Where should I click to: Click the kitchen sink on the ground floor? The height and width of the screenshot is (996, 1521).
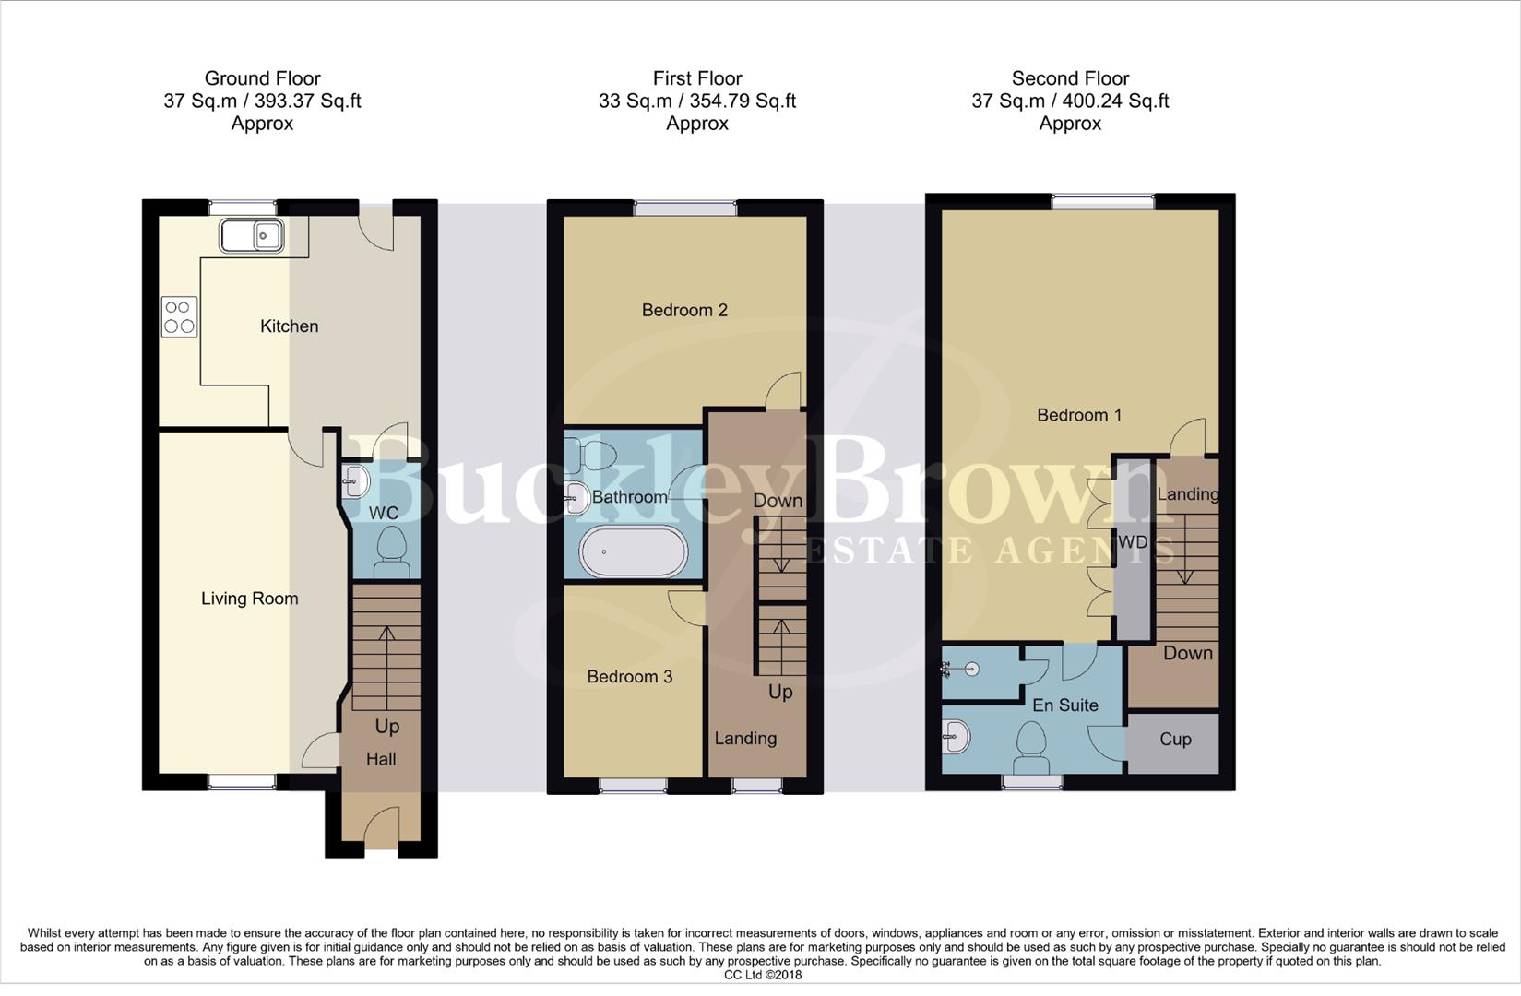pyautogui.click(x=251, y=235)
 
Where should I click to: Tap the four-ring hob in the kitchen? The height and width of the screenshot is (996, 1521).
pyautogui.click(x=179, y=316)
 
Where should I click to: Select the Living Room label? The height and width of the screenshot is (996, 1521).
pyautogui.click(x=249, y=599)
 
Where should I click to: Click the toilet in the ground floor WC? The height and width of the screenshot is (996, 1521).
pyautogui.click(x=392, y=551)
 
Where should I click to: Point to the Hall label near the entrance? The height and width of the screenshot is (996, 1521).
pyautogui.click(x=381, y=759)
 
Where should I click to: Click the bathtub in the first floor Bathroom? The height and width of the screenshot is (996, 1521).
pyautogui.click(x=633, y=551)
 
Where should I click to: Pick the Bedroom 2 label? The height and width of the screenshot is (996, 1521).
pyautogui.click(x=684, y=310)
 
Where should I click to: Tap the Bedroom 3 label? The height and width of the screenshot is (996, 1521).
pyautogui.click(x=630, y=677)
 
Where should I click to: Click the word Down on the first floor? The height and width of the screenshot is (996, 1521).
pyautogui.click(x=778, y=501)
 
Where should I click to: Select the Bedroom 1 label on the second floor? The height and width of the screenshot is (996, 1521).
pyautogui.click(x=1079, y=415)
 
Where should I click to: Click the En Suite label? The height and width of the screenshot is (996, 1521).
pyautogui.click(x=1065, y=705)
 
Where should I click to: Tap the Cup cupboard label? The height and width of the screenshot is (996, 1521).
pyautogui.click(x=1175, y=740)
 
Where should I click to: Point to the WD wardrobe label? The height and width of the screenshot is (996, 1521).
pyautogui.click(x=1133, y=542)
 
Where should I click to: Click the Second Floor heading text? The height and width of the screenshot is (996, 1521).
pyautogui.click(x=1070, y=78)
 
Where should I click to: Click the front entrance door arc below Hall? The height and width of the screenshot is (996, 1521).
pyautogui.click(x=380, y=825)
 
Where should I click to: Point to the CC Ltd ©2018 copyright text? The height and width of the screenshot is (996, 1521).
pyautogui.click(x=762, y=975)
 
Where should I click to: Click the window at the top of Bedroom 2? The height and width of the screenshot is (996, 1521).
pyautogui.click(x=684, y=208)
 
